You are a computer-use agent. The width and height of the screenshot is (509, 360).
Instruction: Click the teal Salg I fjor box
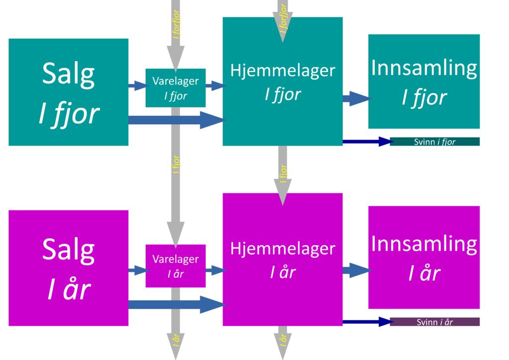pos(69,92)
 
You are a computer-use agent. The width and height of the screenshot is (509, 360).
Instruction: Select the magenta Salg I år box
pos(69,268)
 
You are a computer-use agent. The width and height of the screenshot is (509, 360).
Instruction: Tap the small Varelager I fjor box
pos(175,88)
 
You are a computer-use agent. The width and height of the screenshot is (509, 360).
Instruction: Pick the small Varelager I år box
pos(175,266)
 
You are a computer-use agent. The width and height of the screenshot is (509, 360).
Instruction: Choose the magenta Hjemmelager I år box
pos(282,293)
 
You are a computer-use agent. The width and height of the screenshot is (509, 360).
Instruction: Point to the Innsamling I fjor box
pos(424,82)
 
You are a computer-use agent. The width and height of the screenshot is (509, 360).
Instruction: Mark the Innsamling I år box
pos(424,258)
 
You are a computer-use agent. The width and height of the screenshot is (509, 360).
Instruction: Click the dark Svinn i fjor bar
pos(434,142)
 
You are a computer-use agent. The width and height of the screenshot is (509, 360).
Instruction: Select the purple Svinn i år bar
pos(434,322)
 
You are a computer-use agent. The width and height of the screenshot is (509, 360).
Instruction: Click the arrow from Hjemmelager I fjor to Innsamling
pos(356,98)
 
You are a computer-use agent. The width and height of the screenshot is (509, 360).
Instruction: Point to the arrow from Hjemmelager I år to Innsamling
pos(356,270)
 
